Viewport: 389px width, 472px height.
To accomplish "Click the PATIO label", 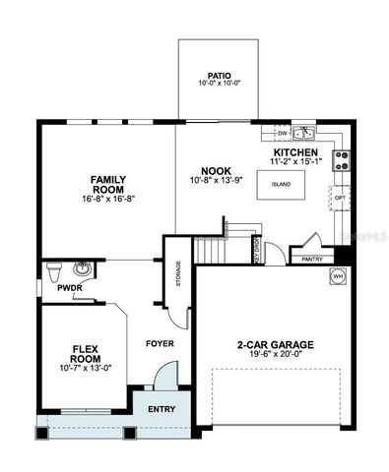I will [219, 74].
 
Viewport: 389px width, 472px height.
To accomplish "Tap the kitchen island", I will [281, 183].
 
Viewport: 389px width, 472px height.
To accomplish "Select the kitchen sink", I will [304, 131].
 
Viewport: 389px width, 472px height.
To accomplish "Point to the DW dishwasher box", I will [282, 131].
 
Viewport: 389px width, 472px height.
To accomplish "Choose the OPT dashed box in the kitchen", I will [340, 198].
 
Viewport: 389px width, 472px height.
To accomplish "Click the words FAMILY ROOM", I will [106, 185].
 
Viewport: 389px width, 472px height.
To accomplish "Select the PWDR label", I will [55, 288].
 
